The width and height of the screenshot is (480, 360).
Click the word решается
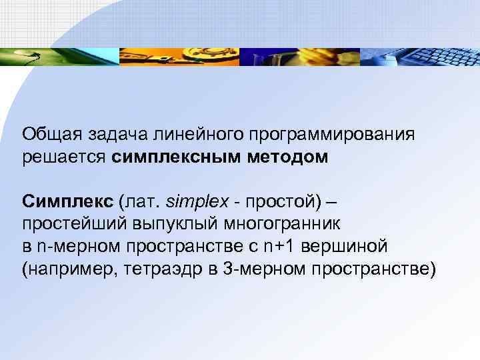pyautogui.click(x=63, y=157)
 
